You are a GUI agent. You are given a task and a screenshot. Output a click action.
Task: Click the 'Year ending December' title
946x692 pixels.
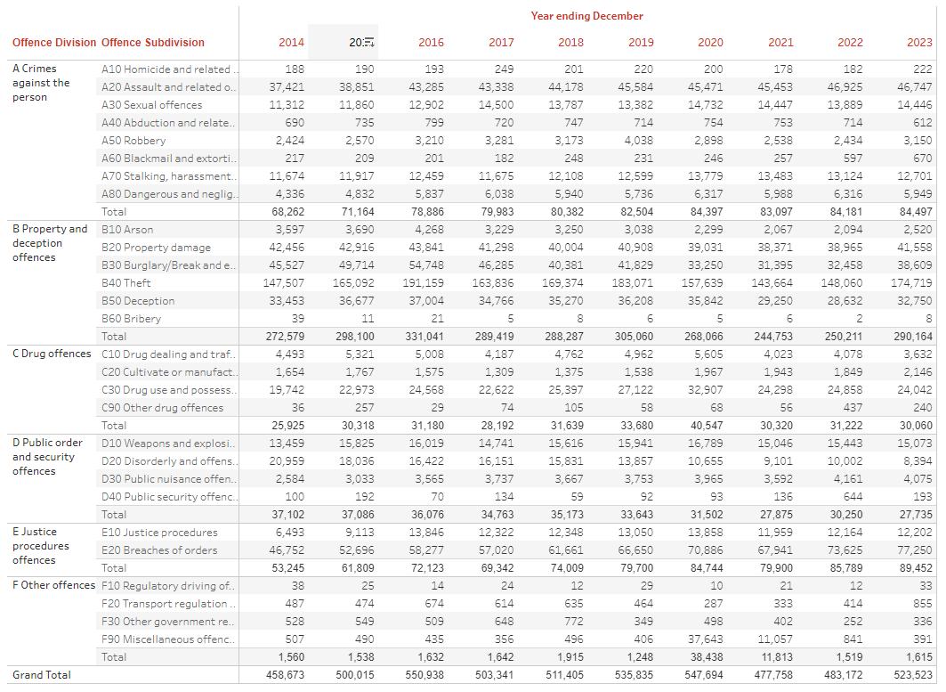click(x=586, y=16)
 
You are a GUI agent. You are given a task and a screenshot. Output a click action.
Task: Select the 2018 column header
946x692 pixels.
click(x=570, y=43)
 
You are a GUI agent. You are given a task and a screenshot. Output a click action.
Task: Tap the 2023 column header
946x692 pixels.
click(x=919, y=43)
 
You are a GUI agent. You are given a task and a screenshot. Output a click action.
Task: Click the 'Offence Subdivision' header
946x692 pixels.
click(x=153, y=43)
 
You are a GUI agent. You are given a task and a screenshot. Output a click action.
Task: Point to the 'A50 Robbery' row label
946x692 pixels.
click(x=133, y=141)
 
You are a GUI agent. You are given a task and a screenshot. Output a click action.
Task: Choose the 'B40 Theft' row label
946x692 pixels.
click(x=126, y=283)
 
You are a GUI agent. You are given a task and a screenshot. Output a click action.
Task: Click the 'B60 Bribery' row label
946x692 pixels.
click(x=132, y=319)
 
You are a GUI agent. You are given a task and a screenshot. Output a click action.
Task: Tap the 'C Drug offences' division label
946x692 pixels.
click(x=52, y=354)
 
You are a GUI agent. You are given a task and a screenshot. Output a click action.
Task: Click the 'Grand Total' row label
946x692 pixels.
click(x=41, y=675)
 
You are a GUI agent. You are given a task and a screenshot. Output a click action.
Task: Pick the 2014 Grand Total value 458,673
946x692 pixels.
click(x=285, y=675)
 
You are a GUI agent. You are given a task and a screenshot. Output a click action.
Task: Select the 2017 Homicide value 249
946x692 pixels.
click(x=503, y=69)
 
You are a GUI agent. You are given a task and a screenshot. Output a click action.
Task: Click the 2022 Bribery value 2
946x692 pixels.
click(x=860, y=319)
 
